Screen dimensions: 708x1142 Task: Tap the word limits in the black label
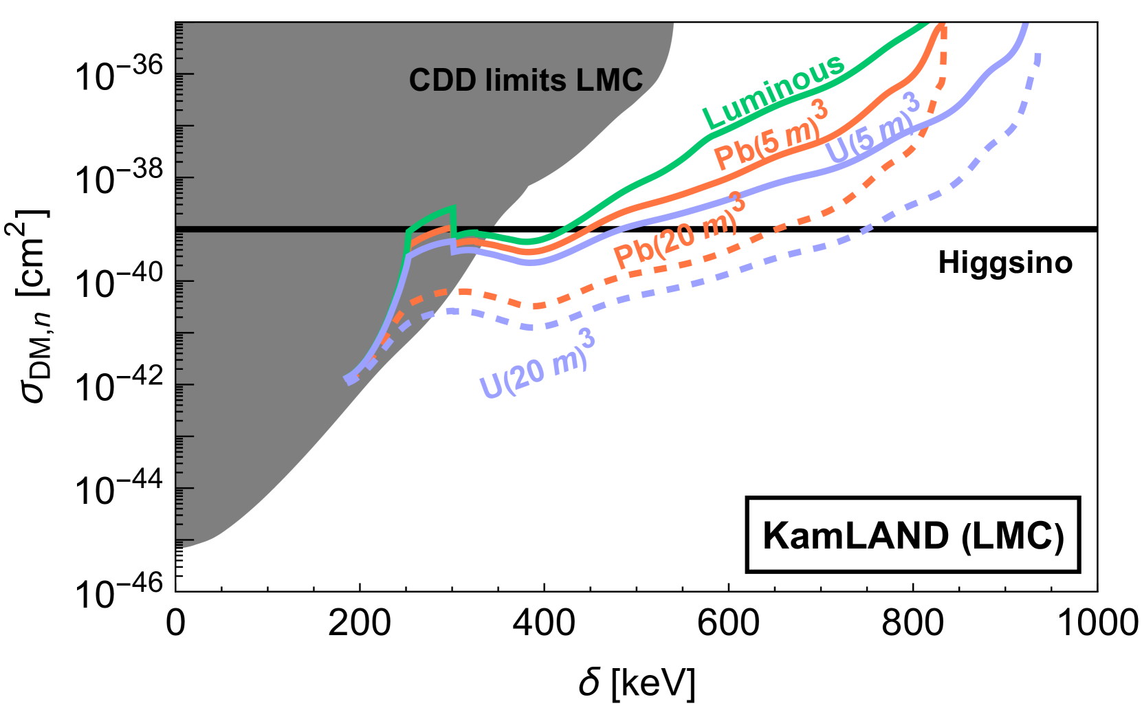526,80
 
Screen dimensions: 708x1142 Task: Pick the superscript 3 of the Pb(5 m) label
820,109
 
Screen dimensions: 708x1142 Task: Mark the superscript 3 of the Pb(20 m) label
737,203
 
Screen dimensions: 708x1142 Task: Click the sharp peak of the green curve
453,207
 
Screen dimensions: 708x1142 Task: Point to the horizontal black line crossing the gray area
289,229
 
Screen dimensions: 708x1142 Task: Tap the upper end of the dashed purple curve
1038,55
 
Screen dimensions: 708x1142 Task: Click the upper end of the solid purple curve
1025,26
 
